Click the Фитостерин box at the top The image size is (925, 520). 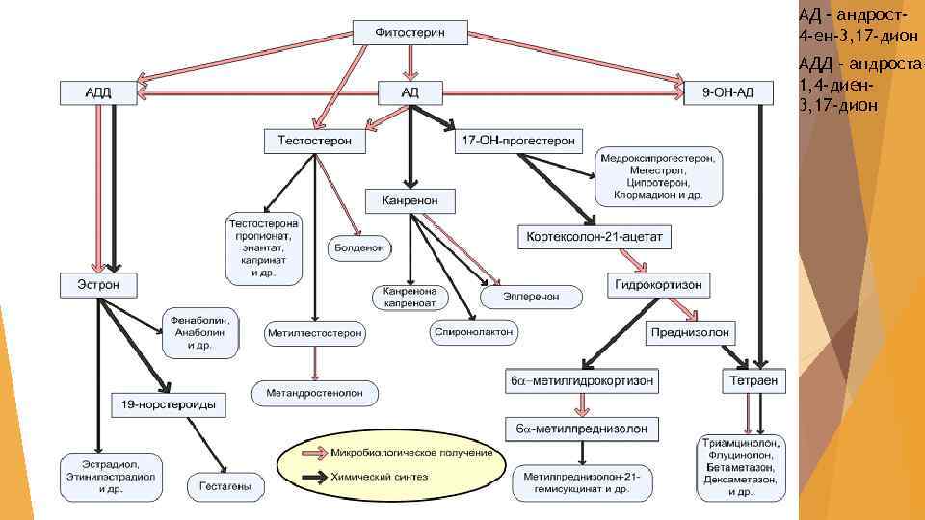tap(410, 33)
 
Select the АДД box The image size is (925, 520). tap(99, 92)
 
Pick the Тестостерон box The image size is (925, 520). tap(314, 142)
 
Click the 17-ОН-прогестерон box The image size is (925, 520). tap(517, 142)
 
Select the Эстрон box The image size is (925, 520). tap(99, 285)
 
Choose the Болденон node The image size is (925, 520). tap(359, 247)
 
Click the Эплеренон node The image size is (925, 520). tap(531, 297)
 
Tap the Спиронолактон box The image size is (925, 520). tap(473, 331)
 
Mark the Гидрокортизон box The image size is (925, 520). tap(660, 285)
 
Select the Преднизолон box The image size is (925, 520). tap(691, 333)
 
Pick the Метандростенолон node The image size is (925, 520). tap(315, 393)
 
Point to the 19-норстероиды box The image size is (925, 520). tap(169, 405)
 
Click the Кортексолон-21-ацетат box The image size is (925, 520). tap(596, 237)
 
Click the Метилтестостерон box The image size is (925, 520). tap(315, 333)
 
